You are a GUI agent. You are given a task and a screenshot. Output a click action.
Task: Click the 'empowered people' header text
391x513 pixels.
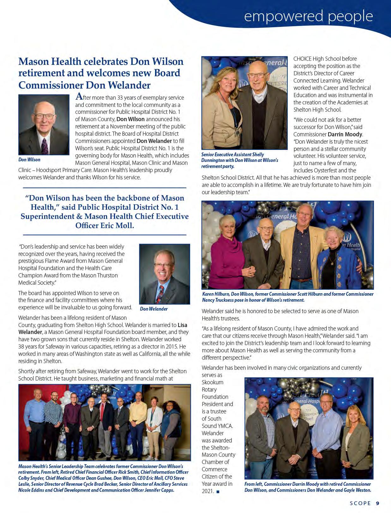click(308, 16)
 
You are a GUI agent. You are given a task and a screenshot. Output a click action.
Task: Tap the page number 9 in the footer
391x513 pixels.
click(378, 503)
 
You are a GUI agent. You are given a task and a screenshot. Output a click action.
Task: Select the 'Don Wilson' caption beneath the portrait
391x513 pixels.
click(29, 160)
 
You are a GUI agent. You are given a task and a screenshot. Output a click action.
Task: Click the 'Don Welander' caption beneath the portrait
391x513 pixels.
click(154, 309)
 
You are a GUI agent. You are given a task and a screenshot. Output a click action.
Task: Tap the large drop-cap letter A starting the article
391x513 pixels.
click(80, 96)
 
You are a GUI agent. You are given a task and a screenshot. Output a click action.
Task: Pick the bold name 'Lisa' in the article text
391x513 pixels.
click(182, 325)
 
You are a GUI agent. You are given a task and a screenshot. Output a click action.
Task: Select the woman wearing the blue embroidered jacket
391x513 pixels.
click(336, 256)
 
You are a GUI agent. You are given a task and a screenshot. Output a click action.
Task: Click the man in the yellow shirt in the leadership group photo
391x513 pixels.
click(139, 417)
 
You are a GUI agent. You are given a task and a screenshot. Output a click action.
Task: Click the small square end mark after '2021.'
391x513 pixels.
click(218, 492)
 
